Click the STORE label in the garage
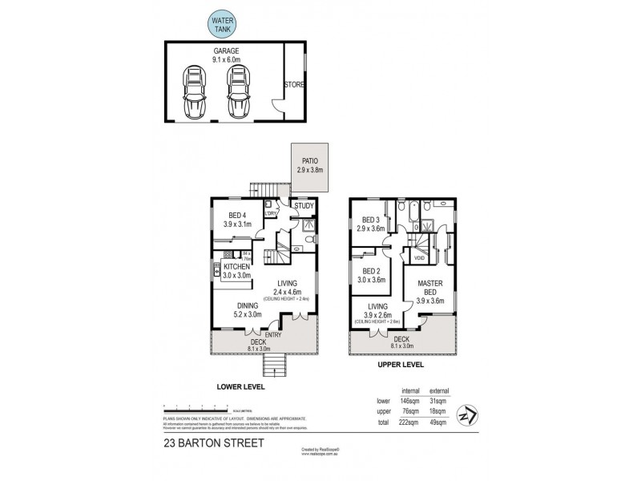(x=293, y=83)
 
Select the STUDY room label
(x=304, y=206)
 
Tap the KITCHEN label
(x=237, y=266)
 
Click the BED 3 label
(x=370, y=220)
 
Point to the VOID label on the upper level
(x=418, y=258)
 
